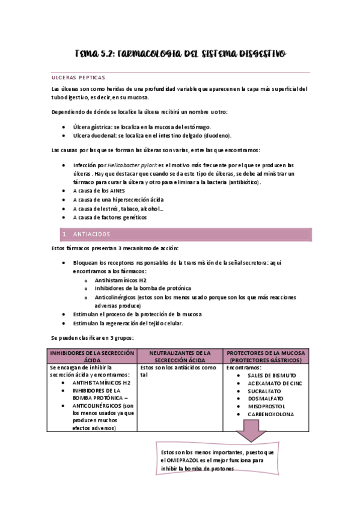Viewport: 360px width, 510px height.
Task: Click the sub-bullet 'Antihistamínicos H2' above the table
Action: click(x=120, y=280)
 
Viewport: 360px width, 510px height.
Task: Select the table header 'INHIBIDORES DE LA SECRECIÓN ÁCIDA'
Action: click(x=92, y=356)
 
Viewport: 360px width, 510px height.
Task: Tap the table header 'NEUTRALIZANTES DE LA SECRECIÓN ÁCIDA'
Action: click(x=180, y=356)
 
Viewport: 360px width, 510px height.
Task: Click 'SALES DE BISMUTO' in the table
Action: click(x=270, y=375)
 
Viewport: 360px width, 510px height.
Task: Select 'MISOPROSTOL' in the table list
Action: click(x=265, y=406)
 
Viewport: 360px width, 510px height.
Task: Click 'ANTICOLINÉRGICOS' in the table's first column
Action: click(x=97, y=406)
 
